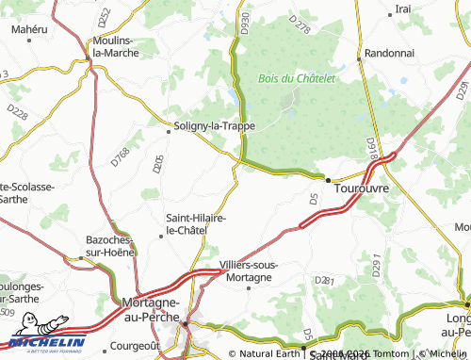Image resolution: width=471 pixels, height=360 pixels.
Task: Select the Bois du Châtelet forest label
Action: (x=297, y=78)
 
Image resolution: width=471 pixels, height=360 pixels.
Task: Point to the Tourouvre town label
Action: (x=362, y=188)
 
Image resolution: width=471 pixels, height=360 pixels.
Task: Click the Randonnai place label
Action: (x=391, y=54)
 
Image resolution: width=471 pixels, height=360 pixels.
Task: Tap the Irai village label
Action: (x=403, y=8)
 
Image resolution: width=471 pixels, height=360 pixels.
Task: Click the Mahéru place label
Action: (x=29, y=30)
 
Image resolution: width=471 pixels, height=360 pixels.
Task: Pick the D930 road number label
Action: (x=245, y=24)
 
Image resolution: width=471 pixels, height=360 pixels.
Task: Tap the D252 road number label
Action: (x=105, y=16)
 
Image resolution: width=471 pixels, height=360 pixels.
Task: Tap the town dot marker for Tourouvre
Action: (x=328, y=180)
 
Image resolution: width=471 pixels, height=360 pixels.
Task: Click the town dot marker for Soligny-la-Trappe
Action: (x=169, y=132)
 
